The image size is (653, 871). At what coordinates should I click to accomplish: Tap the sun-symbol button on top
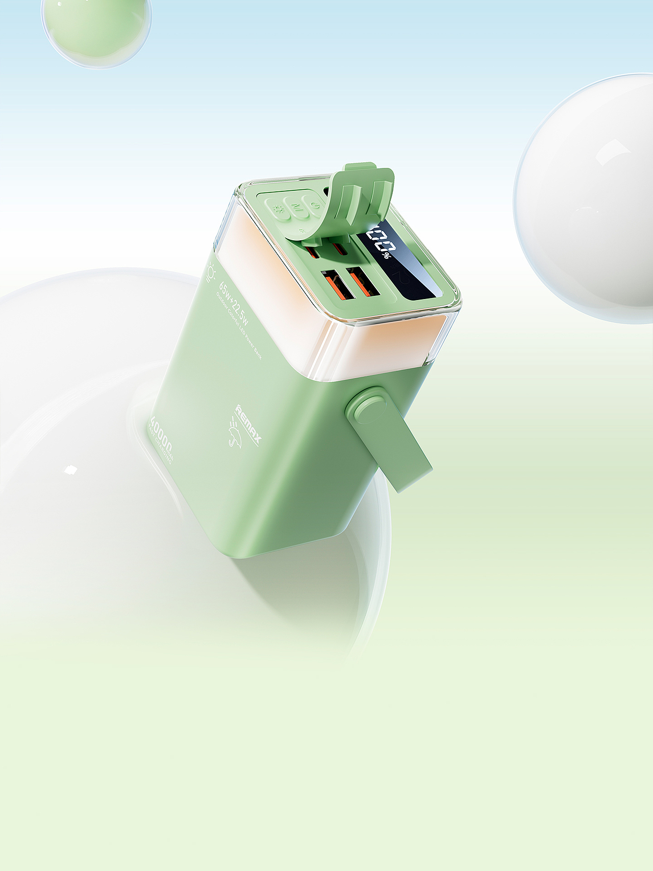(279, 210)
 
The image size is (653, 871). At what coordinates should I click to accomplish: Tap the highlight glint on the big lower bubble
(70, 469)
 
